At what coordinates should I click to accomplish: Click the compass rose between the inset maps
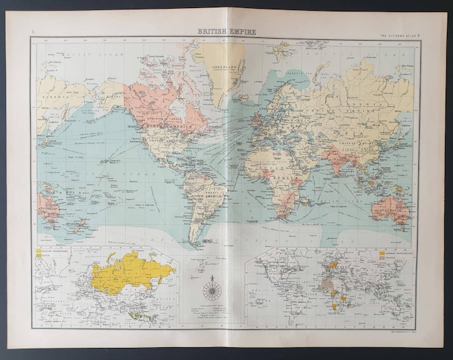(x=212, y=288)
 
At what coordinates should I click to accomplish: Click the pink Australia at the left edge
(x=50, y=206)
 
